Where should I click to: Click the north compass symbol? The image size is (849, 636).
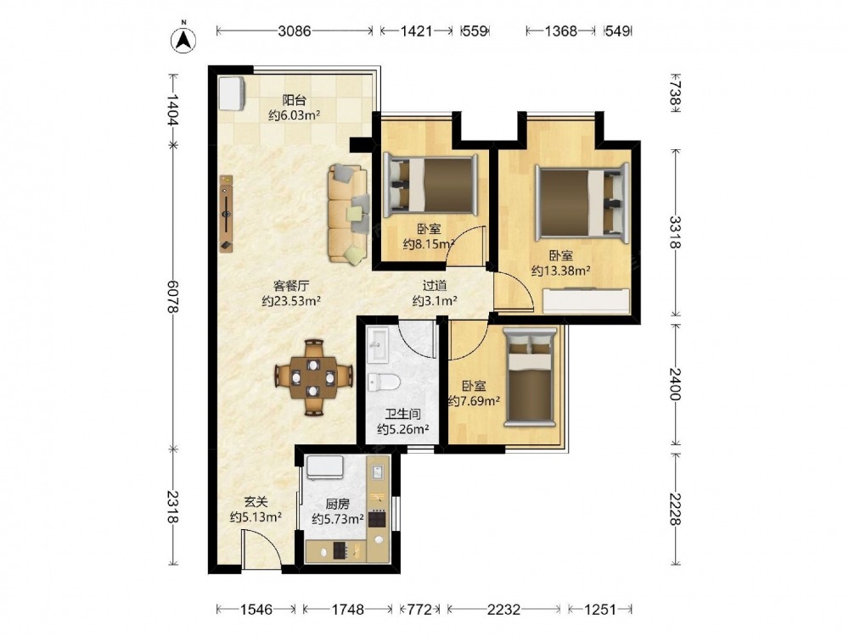[x=183, y=38]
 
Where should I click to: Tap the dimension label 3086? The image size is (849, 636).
[x=295, y=31]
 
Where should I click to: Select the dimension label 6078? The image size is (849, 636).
[x=172, y=296]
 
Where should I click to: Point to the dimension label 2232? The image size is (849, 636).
[x=503, y=610]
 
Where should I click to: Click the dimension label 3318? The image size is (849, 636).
[x=675, y=232]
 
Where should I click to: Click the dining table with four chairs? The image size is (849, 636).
[x=314, y=377]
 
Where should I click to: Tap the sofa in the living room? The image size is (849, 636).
[x=347, y=215]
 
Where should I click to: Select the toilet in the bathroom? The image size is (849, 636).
[x=384, y=382]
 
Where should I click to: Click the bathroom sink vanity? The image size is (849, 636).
[x=378, y=344]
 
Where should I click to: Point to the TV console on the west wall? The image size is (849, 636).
[x=227, y=213]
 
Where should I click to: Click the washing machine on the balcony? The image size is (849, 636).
[x=232, y=93]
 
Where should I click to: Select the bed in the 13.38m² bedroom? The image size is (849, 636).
[x=582, y=204]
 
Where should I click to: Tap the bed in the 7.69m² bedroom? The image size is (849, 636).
[x=530, y=377]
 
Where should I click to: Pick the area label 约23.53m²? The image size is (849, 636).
[x=291, y=301]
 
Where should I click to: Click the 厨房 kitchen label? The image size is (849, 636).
[x=337, y=504]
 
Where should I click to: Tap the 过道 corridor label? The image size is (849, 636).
[x=434, y=285]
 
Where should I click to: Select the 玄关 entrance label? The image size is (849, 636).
[x=256, y=502]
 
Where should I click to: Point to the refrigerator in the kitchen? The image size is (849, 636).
[x=325, y=466]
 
